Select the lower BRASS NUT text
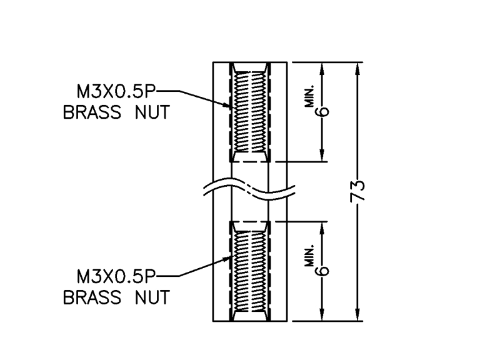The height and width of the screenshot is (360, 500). [116, 297]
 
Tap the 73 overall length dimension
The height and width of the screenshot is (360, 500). [358, 192]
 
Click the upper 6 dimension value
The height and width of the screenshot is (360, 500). [324, 112]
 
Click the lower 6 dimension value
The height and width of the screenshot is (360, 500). [324, 271]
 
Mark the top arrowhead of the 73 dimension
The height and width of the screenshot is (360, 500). [358, 67]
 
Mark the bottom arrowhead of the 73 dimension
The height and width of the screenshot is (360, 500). [358, 316]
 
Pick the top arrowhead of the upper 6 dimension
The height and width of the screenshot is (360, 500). [324, 67]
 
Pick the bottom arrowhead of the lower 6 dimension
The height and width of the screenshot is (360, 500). [324, 316]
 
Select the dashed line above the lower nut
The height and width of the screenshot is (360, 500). [250, 221]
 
